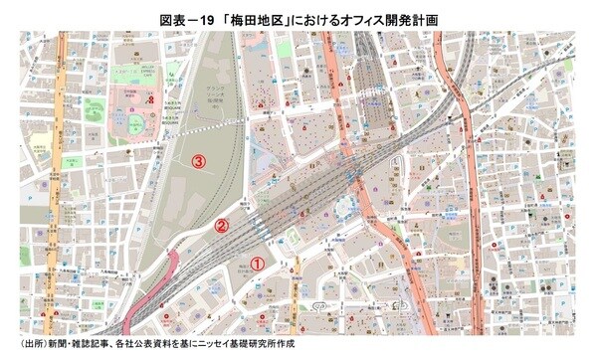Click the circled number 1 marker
click(x=256, y=264)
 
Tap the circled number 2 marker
click(x=222, y=225)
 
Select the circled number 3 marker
click(x=199, y=160)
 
